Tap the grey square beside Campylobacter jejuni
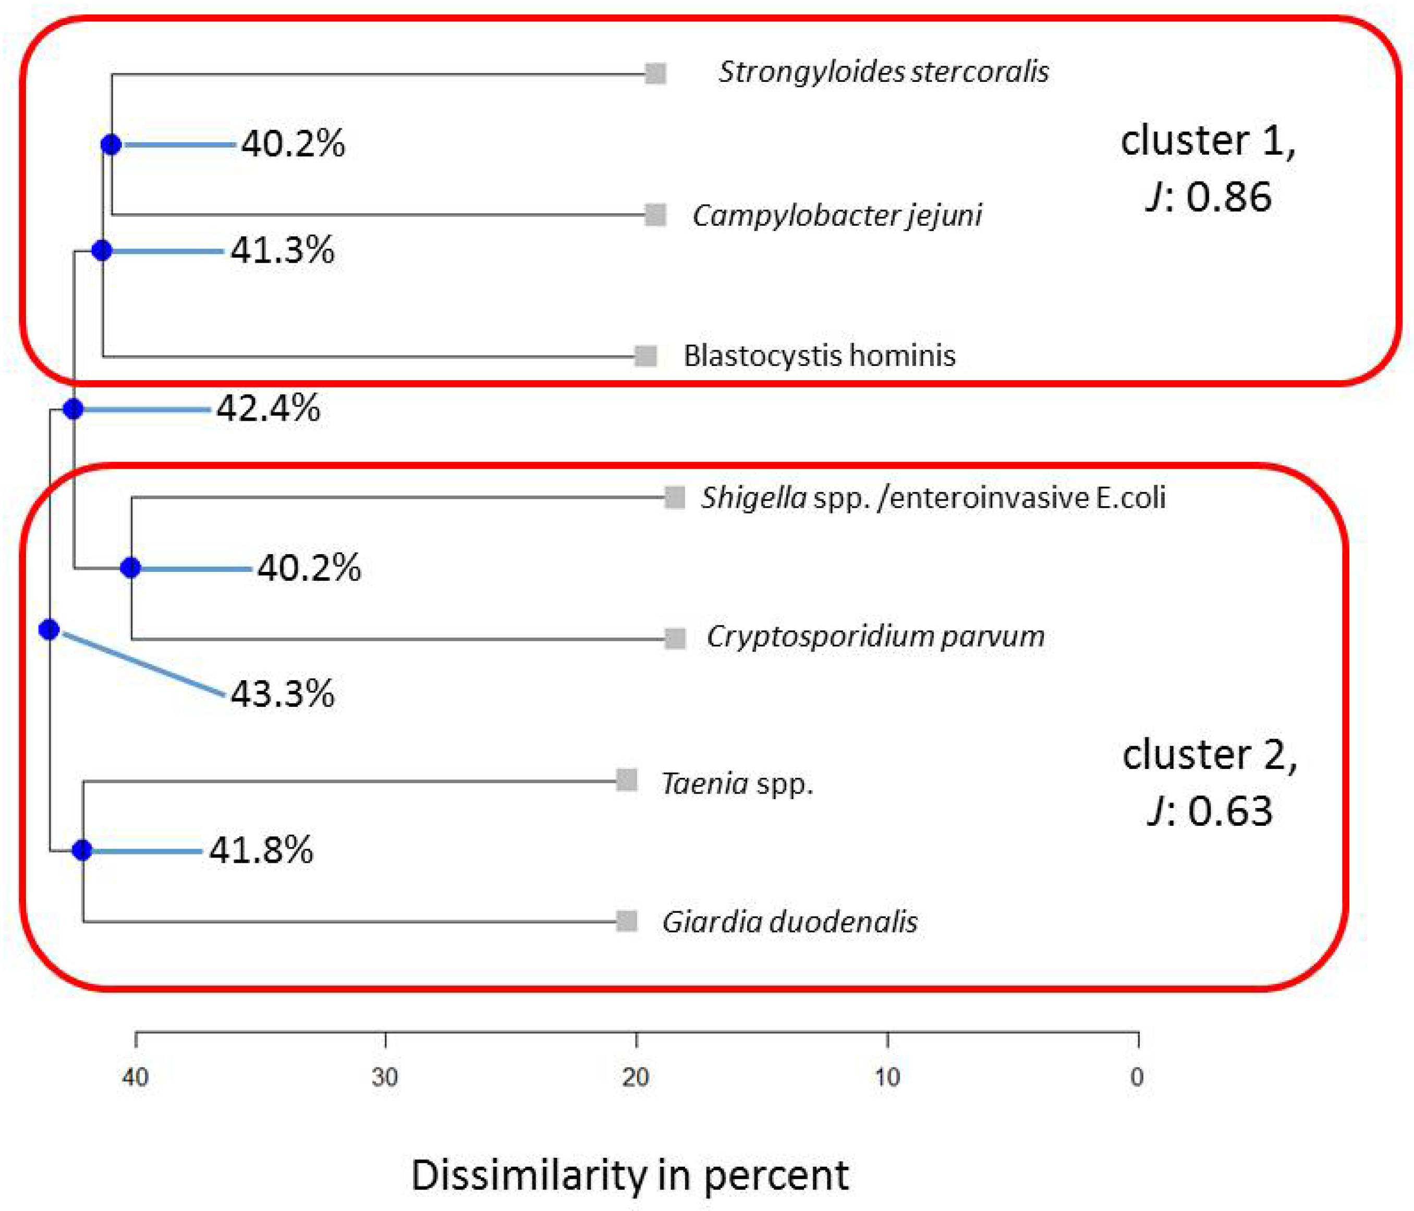click(655, 215)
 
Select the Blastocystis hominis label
click(820, 356)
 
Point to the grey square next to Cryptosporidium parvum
click(675, 639)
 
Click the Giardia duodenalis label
click(789, 922)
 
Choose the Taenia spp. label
click(737, 783)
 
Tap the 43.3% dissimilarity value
click(283, 694)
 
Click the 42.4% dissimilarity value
click(268, 409)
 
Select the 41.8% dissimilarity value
click(261, 850)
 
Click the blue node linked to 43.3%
click(49, 629)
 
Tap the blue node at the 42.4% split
click(73, 409)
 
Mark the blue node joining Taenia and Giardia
click(82, 850)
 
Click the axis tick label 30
click(385, 1077)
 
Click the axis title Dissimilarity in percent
click(629, 1175)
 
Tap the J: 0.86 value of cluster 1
click(1208, 197)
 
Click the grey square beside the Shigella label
click(674, 497)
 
